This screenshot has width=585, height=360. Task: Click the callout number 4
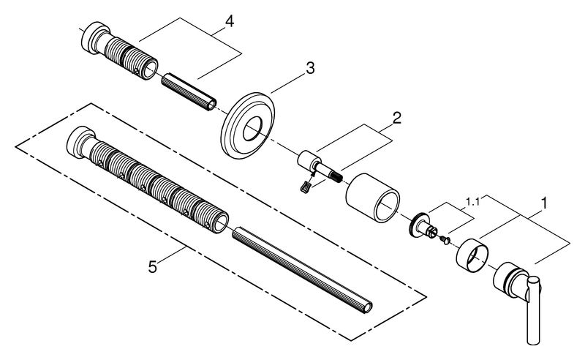(229, 21)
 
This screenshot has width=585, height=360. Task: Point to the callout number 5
(152, 267)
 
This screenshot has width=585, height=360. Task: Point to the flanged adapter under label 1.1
(423, 225)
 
